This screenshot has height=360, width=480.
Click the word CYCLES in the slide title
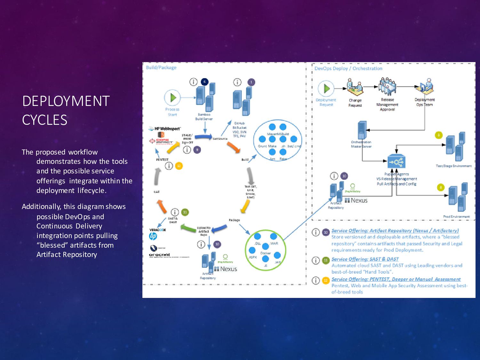pos(44,120)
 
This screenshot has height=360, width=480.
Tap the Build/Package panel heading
pos(161,68)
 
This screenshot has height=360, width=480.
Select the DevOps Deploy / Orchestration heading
pos(348,68)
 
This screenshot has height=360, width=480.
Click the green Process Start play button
pos(172,98)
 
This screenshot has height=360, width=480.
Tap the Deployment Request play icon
pos(326,89)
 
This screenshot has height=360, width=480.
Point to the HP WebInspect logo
pos(165,129)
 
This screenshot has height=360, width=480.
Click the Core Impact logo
pos(162,141)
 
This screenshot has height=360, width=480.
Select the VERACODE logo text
pos(157,230)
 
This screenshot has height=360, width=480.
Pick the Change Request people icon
pos(355,88)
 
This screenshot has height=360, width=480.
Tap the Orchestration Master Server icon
pos(362,130)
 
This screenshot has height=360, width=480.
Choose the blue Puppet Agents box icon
pos(396,162)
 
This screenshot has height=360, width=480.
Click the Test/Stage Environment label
pos(453,166)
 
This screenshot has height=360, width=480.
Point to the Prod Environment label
pos(456,217)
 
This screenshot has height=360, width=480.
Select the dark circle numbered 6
pos(204,82)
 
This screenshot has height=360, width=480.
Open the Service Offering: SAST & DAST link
pos(365,259)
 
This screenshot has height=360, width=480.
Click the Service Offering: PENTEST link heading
pos(396,279)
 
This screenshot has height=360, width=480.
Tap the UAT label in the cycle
pos(156,192)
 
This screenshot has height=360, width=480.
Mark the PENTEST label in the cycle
pos(162,159)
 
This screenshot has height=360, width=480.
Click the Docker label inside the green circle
pos(266,253)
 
